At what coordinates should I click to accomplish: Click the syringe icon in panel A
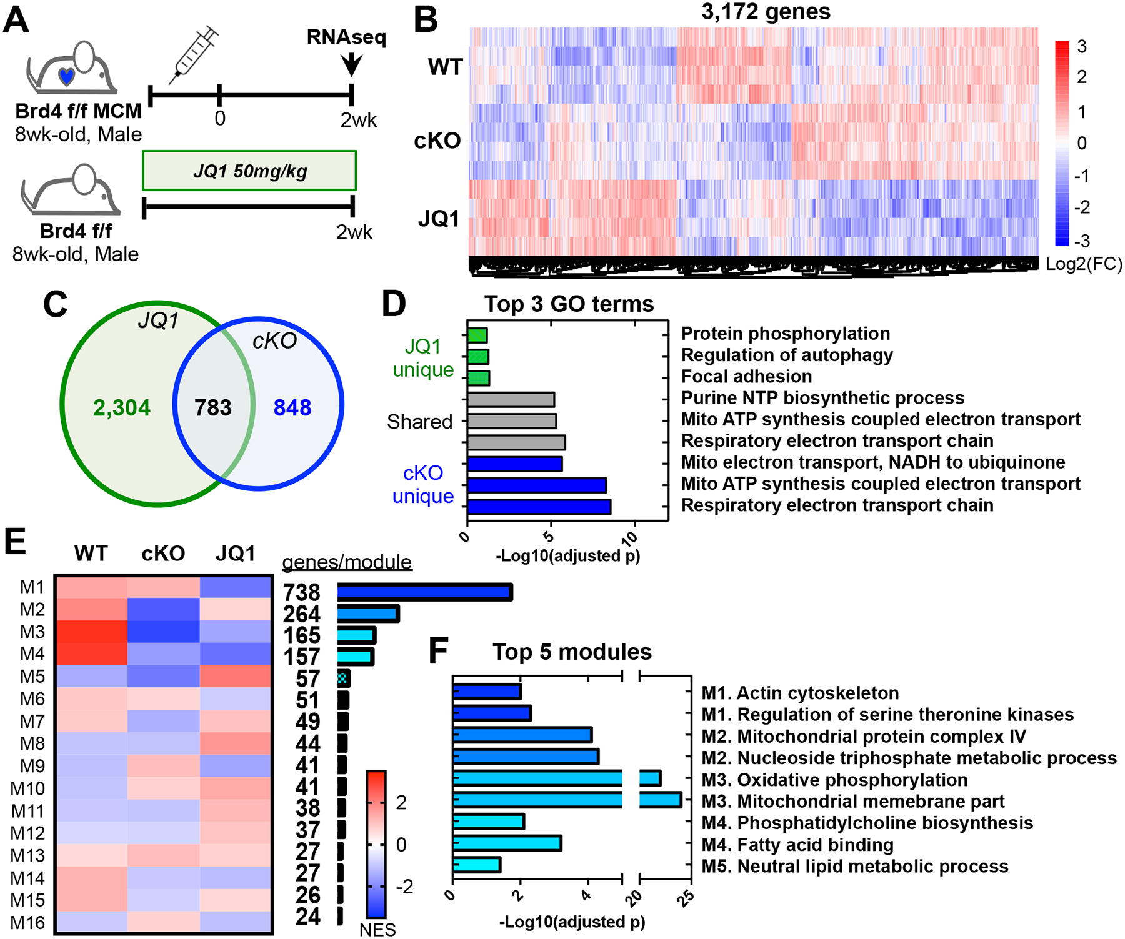coord(194,55)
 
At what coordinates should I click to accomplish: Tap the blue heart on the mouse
coord(66,76)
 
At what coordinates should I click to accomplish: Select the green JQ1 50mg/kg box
coord(249,171)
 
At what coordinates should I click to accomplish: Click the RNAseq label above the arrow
coord(346,37)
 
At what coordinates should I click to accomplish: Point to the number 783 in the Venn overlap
coord(213,408)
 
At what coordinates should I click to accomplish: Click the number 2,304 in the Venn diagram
coord(122,408)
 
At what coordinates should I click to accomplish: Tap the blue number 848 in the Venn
coord(292,408)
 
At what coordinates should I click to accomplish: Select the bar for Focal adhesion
coord(479,378)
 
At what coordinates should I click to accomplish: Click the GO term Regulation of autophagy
coord(787,355)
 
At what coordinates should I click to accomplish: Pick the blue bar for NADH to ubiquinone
coord(515,464)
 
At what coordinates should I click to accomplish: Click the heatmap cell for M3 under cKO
coord(164,632)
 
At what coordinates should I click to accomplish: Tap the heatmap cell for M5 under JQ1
coord(236,677)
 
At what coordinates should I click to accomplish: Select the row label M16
coord(28,922)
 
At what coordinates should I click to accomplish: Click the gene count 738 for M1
coord(301,592)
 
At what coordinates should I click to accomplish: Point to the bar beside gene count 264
coord(368,614)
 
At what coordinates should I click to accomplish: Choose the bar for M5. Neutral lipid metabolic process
coord(477,865)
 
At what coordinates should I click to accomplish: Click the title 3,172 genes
coord(766,12)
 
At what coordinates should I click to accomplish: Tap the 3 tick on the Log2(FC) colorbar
coord(1081,46)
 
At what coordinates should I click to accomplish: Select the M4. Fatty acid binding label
coord(797,845)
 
